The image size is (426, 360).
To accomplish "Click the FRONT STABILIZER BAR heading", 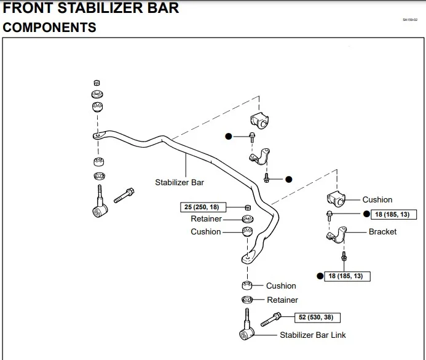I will coord(91,9).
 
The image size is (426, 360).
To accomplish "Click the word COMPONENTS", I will coord(50,28).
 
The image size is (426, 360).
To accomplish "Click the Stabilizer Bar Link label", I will coord(312,335).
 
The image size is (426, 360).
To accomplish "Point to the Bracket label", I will coord(382,232).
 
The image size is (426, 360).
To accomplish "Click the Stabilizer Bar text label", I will coord(179,182).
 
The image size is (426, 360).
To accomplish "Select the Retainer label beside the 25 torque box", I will coord(206,219).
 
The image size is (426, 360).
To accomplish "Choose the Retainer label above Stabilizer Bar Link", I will coord(282,300).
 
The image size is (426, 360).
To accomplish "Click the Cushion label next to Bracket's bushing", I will coord(377,199).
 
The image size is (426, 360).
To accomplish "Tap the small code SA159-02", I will coord(410,20).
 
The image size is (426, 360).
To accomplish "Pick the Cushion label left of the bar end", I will coord(205,232).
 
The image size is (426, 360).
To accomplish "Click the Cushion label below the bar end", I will coord(281,286).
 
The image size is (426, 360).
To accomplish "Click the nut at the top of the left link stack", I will coord(97,82).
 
